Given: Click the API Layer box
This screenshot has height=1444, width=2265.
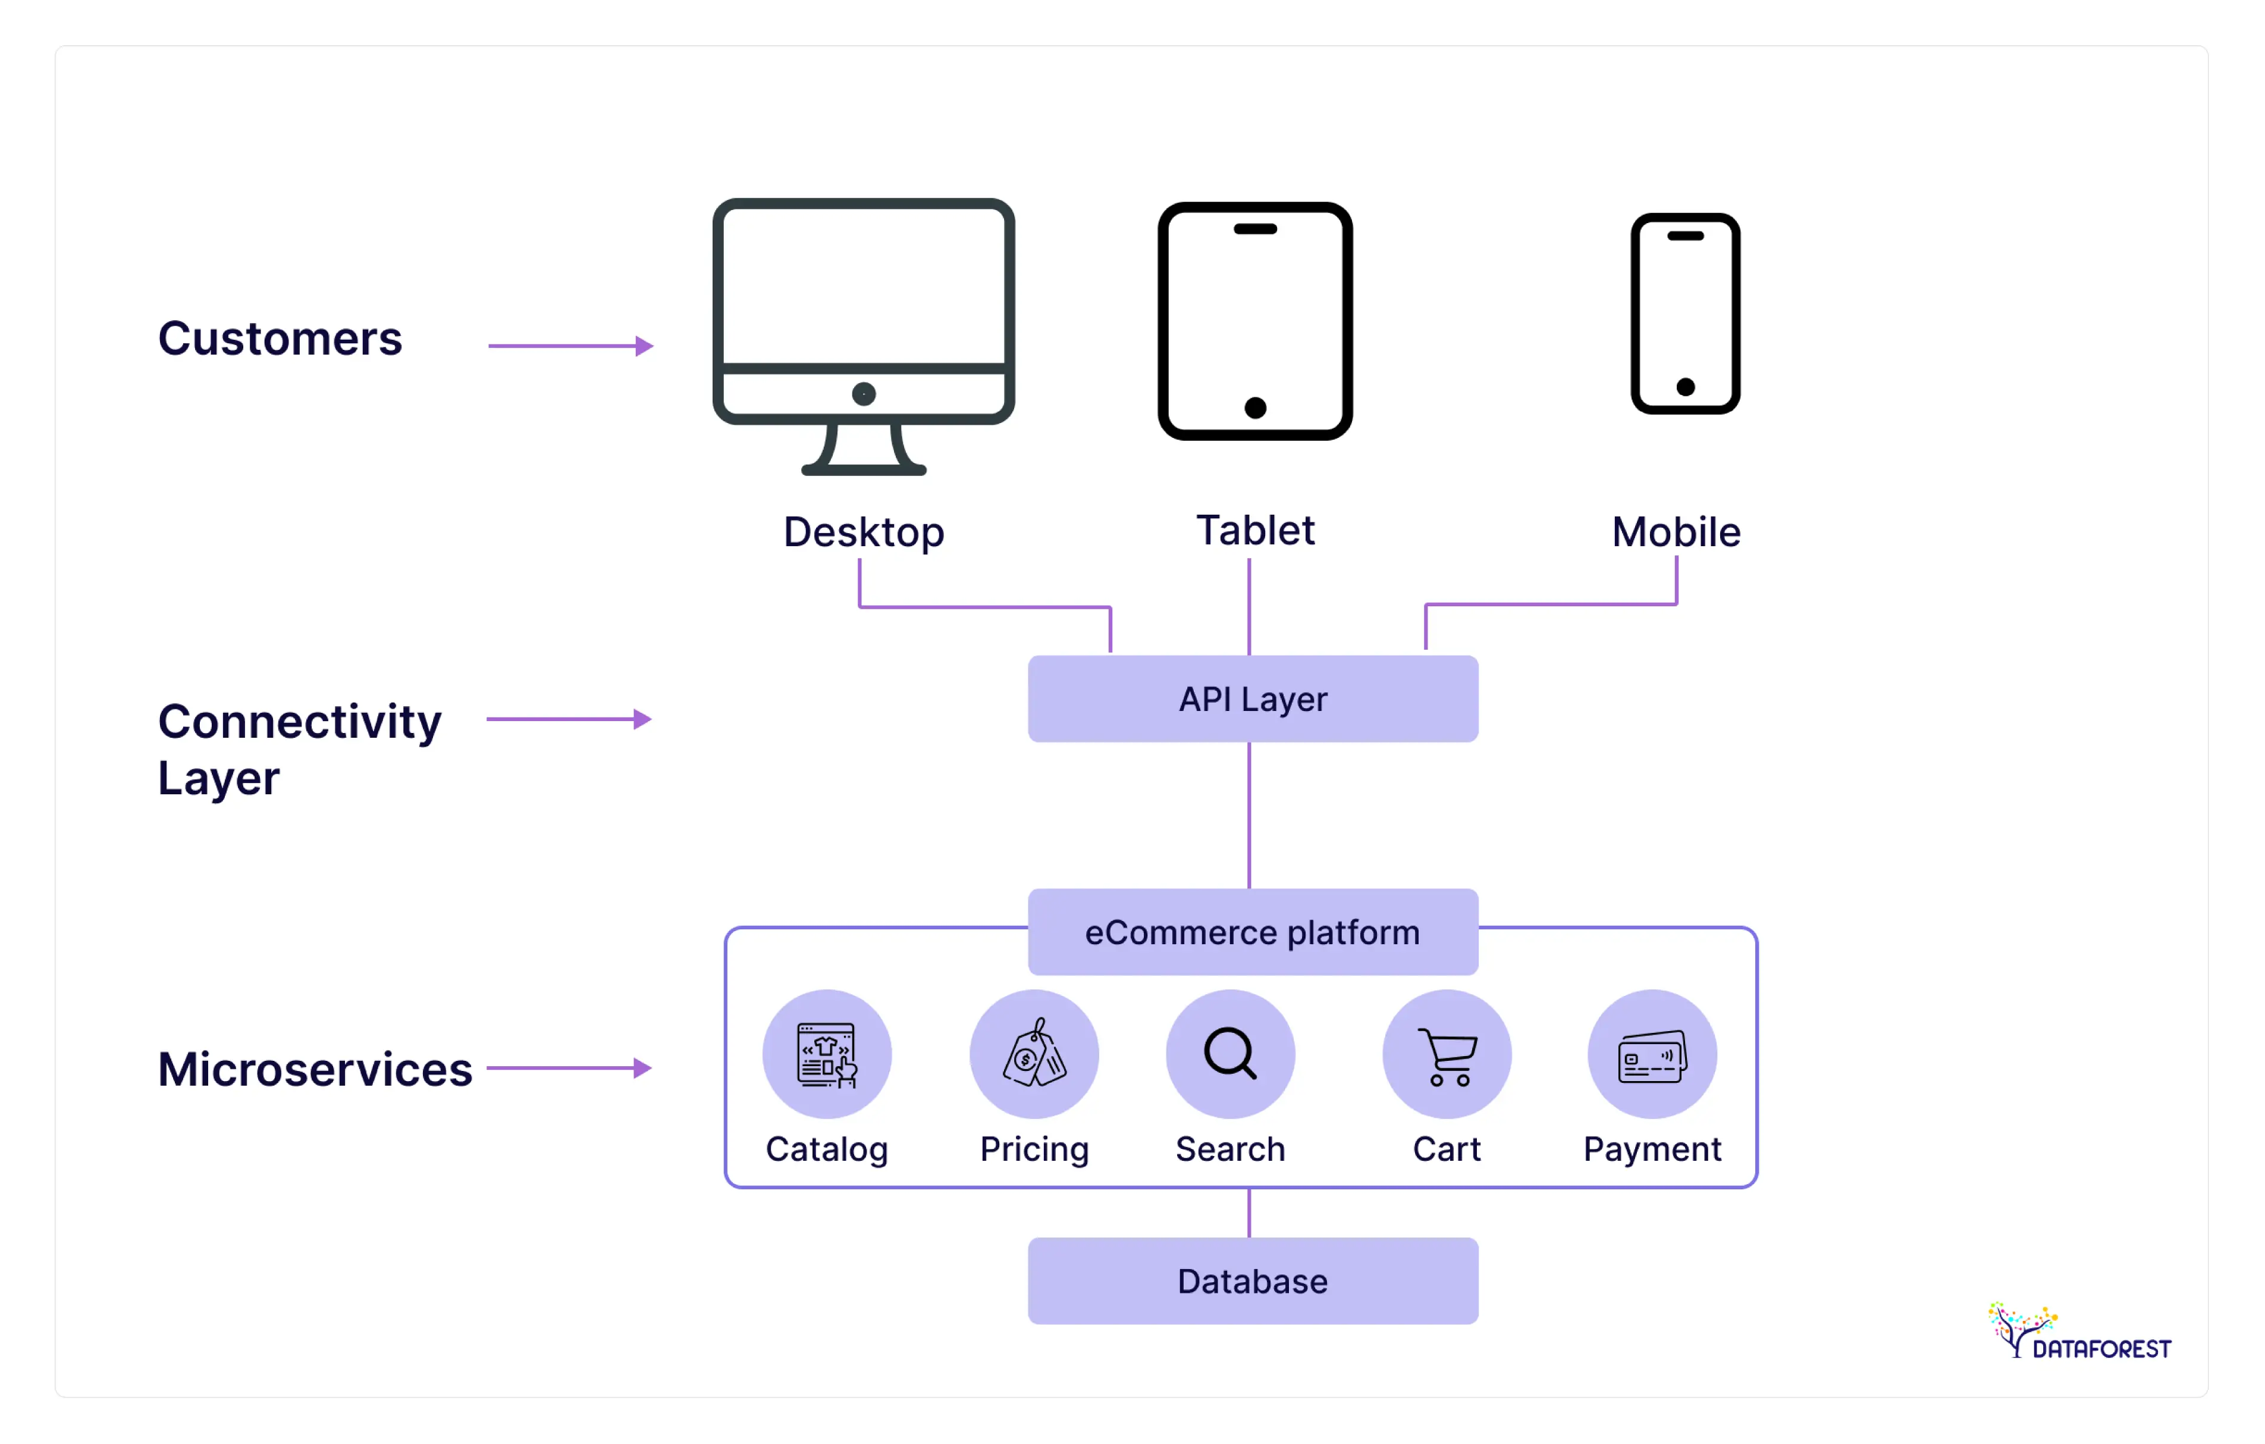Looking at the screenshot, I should (x=1252, y=699).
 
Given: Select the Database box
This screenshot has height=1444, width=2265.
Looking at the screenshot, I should (x=1252, y=1280).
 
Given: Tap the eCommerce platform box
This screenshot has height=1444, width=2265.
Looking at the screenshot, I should (x=1252, y=932).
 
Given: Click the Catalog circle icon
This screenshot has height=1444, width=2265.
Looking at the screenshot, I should (x=827, y=1054).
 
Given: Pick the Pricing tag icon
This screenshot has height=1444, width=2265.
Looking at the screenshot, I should (x=1034, y=1054).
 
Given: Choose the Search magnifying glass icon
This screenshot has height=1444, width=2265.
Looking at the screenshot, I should (x=1230, y=1054).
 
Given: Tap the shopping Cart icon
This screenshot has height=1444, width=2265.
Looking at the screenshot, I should (x=1447, y=1054).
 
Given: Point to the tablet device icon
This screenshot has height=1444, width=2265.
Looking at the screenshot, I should (x=1255, y=320).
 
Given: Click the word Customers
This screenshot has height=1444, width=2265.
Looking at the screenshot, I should (x=280, y=339).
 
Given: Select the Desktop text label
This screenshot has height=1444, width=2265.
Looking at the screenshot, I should (x=864, y=533).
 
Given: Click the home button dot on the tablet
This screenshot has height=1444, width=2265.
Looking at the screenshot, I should (x=1255, y=408).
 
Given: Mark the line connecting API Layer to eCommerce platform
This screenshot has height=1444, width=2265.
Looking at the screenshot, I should (x=1248, y=815).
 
